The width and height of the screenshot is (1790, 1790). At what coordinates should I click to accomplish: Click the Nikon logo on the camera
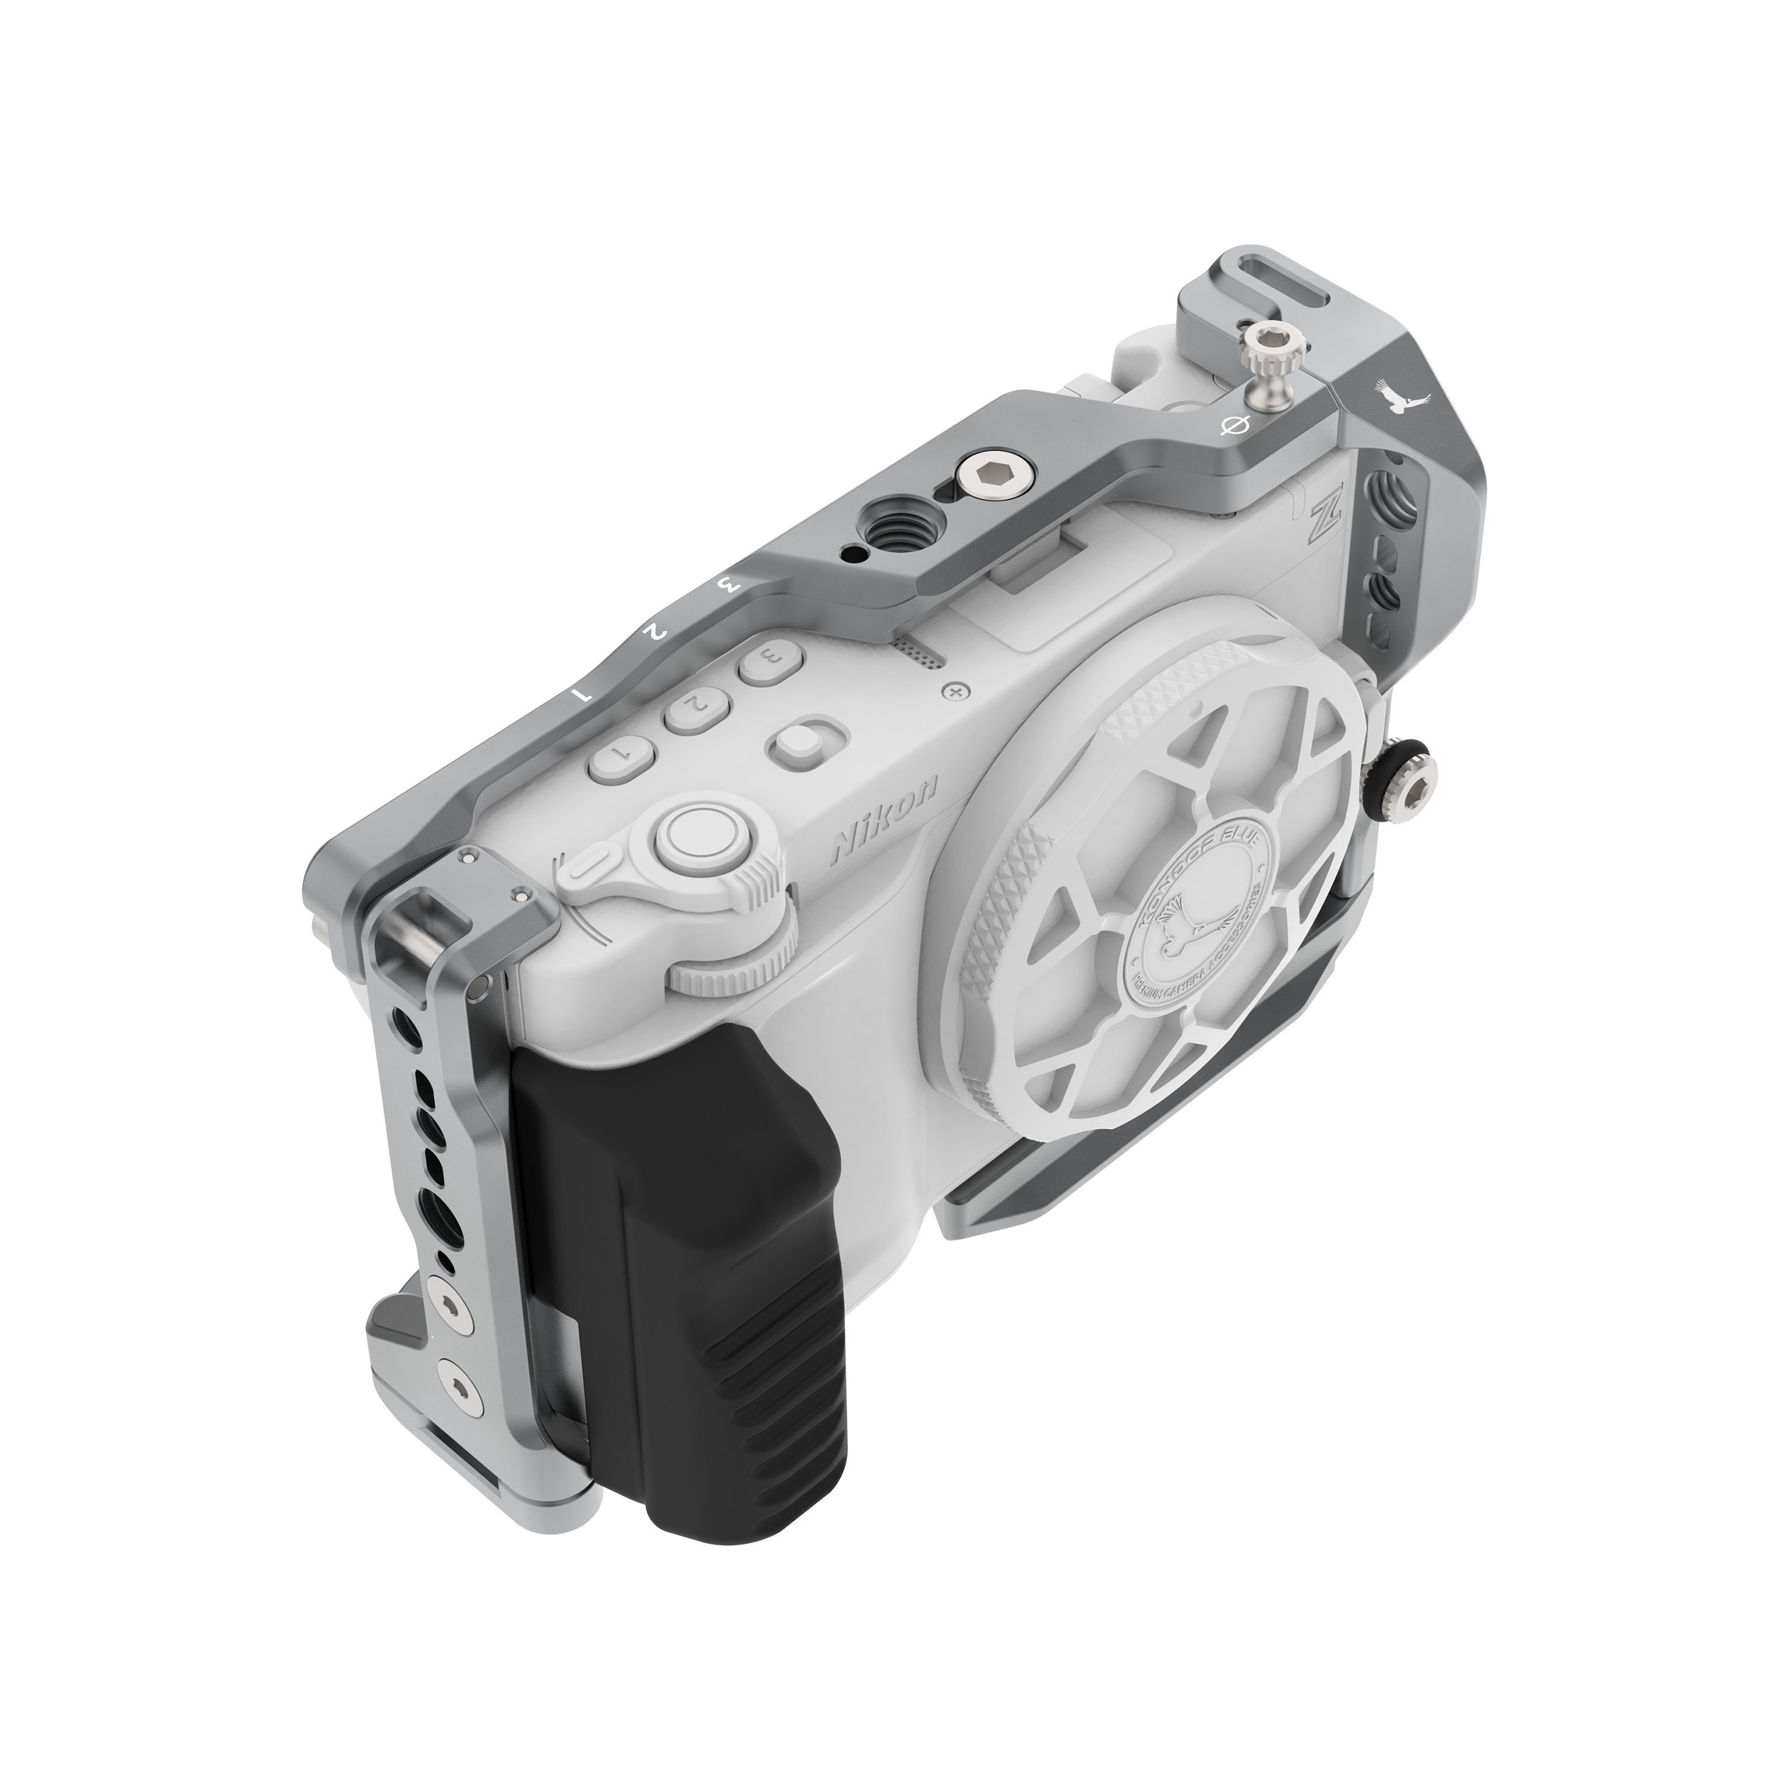click(x=885, y=818)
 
